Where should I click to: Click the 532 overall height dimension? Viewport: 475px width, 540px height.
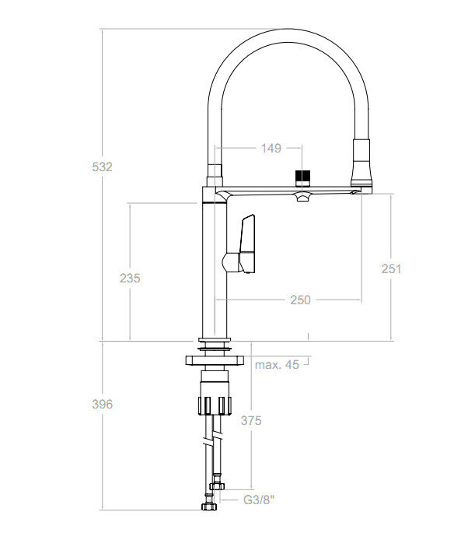102,167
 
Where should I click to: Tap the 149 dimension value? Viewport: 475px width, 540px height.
271,149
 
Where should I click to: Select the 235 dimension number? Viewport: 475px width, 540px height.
130,278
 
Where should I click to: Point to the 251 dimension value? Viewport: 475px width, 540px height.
391,268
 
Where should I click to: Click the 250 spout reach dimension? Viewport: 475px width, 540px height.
300,300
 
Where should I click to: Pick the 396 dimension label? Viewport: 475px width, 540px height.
102,404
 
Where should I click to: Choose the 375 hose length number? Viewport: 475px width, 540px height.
251,420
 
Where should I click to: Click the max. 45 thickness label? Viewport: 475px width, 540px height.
277,365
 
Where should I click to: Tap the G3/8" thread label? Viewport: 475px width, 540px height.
259,500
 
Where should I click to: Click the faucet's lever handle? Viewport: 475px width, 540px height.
247,244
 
